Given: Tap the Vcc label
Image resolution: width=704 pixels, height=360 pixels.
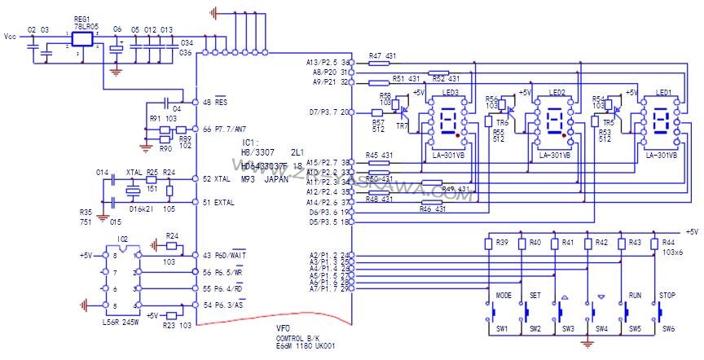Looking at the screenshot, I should [x=11, y=37].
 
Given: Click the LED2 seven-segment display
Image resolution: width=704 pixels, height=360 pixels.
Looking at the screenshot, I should [x=556, y=124].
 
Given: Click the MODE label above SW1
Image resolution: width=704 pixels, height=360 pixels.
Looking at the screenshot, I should [x=504, y=295].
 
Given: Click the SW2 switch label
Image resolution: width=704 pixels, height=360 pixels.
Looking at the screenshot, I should [x=535, y=329].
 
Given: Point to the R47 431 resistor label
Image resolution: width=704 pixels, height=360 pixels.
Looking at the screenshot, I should [x=381, y=56].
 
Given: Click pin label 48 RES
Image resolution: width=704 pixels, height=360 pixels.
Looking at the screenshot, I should [x=213, y=103].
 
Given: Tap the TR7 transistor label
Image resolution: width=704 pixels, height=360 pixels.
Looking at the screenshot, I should [x=401, y=127].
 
